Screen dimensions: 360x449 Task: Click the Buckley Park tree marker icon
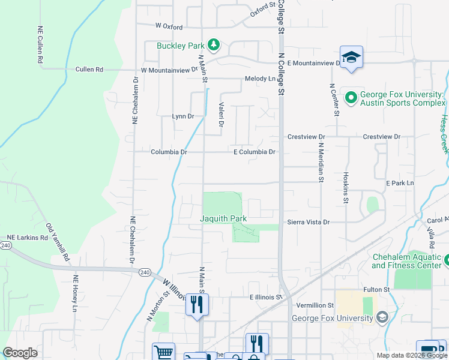click(213, 44)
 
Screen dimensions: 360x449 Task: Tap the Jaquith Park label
click(223, 219)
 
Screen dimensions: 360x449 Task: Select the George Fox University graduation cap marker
click(382, 317)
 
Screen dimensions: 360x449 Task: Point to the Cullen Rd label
click(89, 70)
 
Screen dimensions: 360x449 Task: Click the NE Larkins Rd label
click(27, 238)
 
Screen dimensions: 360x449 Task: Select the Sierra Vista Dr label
click(309, 222)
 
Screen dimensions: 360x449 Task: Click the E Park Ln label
click(400, 182)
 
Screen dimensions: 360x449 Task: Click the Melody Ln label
click(259, 79)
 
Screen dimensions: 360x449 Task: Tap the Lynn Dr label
click(183, 116)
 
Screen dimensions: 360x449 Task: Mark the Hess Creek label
click(444, 134)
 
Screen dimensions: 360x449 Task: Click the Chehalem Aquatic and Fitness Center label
click(406, 262)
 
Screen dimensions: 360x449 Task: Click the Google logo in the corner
click(20, 353)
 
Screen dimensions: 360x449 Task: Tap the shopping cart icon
click(163, 352)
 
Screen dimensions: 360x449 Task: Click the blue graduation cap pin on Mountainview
click(351, 58)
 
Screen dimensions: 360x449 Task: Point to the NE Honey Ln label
click(76, 293)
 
